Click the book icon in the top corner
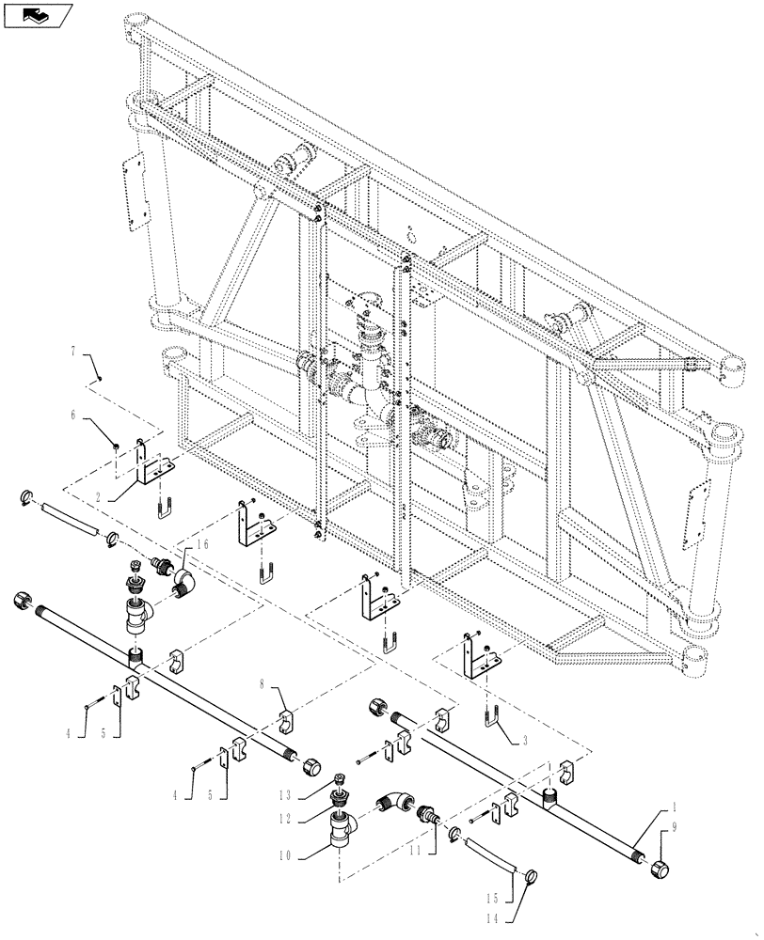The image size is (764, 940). [38, 15]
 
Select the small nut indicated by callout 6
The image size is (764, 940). [115, 446]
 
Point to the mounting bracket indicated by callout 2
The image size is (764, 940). [151, 463]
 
